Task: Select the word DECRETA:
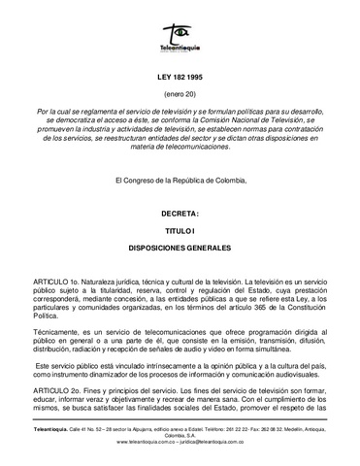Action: point(180,212)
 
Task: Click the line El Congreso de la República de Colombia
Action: point(180,182)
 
